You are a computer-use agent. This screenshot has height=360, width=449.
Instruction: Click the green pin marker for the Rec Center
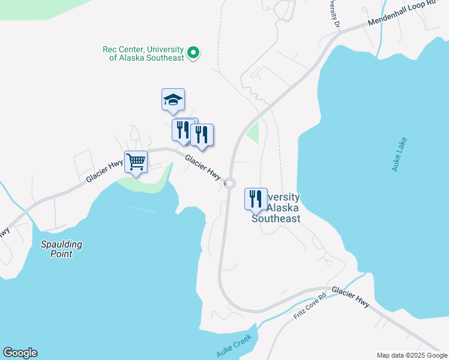[x=193, y=53]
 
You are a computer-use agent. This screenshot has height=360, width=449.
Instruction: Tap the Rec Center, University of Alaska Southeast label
[x=143, y=53]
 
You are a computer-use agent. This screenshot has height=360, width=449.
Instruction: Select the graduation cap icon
[x=173, y=100]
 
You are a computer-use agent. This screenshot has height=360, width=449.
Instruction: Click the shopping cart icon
[x=136, y=161]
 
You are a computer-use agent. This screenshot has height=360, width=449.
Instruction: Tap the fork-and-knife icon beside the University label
[x=256, y=199]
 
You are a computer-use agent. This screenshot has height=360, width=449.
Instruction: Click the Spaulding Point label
[x=61, y=249]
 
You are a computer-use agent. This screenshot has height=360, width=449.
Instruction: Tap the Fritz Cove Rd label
[x=310, y=305]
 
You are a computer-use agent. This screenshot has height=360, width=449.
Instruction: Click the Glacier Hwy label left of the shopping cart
[x=104, y=170]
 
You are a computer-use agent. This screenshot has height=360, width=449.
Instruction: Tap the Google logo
[x=20, y=353]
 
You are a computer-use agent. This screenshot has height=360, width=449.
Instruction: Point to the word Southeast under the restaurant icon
[x=276, y=218]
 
